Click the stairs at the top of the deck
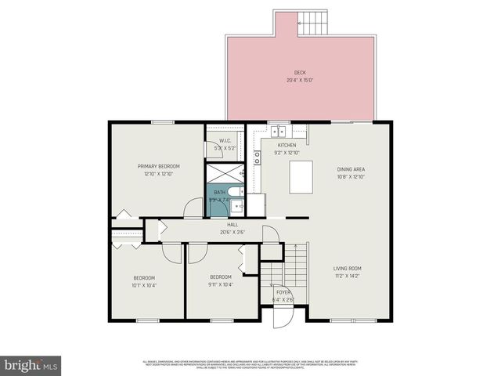312,21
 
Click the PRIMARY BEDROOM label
159,166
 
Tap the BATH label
220,193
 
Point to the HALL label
211,225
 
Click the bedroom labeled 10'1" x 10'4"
144,281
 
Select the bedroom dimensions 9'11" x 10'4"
221,284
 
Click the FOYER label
283,293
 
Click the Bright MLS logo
31,364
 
